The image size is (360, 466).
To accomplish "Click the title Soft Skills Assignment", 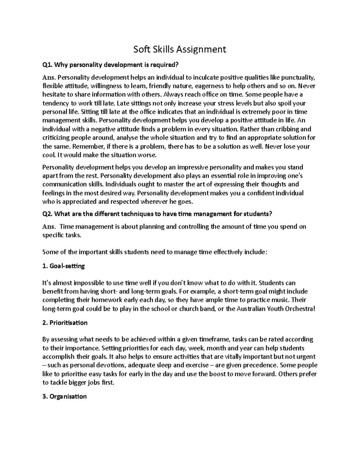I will coord(179,49).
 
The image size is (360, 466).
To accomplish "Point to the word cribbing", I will coord(285,129).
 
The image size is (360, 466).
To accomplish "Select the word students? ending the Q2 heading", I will coord(257,214).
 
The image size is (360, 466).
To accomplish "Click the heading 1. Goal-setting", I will coord(64,266).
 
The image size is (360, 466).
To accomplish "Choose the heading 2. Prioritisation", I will coord(65,323).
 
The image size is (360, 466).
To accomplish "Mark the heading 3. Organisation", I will coord(64,396).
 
